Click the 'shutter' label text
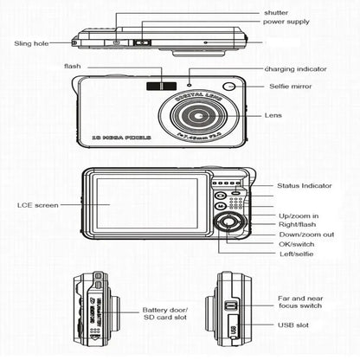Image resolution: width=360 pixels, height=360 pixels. point(276,13)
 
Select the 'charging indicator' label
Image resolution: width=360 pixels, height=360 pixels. point(297,69)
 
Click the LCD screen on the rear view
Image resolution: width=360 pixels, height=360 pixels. point(148,203)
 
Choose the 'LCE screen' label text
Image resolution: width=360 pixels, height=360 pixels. point(38,205)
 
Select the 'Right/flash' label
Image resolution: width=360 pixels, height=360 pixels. point(298,224)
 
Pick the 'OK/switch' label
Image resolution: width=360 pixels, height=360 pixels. point(297,245)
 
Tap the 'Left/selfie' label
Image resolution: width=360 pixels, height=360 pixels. point(296,255)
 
